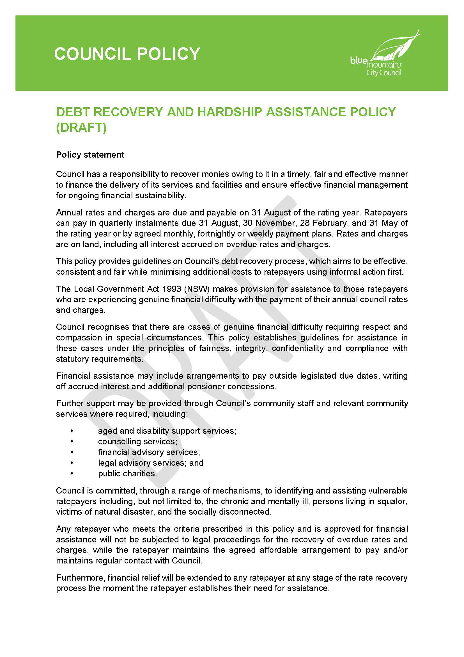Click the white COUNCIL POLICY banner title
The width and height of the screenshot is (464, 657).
127,54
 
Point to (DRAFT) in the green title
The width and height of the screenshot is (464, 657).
81,127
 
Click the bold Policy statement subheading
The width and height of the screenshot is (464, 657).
90,155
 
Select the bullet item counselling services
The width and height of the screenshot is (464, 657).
137,442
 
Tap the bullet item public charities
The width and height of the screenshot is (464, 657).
127,474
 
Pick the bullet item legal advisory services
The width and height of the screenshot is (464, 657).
151,463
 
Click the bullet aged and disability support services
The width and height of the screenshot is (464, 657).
167,431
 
